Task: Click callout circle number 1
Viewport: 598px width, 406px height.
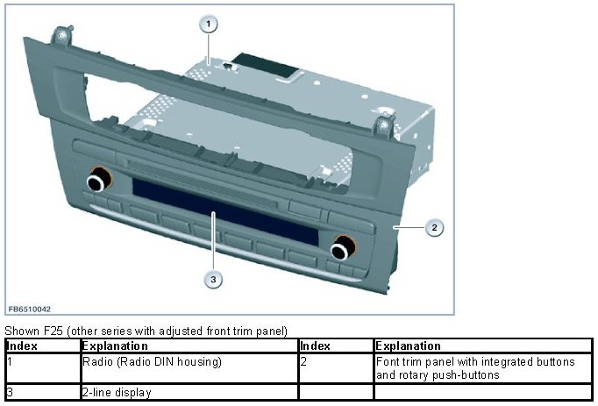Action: tap(208, 25)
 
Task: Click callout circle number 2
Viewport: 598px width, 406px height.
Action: tap(432, 228)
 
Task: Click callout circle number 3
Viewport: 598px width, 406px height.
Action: tap(211, 280)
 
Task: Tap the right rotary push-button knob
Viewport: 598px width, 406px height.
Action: tap(341, 251)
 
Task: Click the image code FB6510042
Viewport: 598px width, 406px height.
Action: tap(29, 310)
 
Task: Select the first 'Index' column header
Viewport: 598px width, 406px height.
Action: tap(21, 346)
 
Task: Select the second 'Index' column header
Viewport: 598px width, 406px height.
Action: tap(315, 346)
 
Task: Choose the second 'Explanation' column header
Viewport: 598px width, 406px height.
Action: tap(408, 346)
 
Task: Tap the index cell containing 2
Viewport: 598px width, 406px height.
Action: tap(303, 360)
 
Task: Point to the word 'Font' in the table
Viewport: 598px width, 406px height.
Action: tap(388, 360)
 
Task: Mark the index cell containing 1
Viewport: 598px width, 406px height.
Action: tap(9, 360)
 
